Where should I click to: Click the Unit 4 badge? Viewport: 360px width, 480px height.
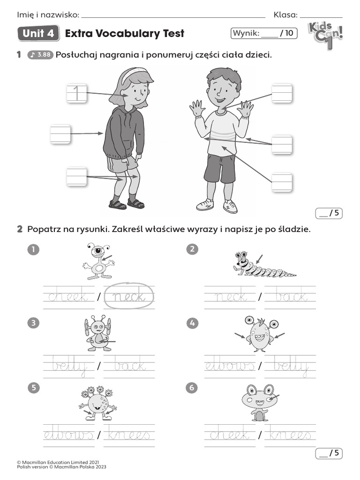[x=38, y=34]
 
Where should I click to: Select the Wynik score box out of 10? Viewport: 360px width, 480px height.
[x=263, y=33]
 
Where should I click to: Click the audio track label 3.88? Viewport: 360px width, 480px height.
[x=41, y=55]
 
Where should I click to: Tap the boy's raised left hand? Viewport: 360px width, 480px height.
[x=245, y=109]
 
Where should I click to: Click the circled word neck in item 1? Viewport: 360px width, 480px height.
[x=129, y=297]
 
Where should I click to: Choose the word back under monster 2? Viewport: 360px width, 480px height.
[x=291, y=297]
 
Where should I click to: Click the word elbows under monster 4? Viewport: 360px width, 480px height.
[x=230, y=366]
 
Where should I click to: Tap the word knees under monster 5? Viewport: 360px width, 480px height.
[x=129, y=435]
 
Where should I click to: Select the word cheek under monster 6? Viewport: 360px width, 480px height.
[x=230, y=435]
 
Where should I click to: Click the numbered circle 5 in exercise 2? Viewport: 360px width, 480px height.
[x=32, y=387]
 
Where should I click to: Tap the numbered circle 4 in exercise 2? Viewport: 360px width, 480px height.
[x=192, y=322]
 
